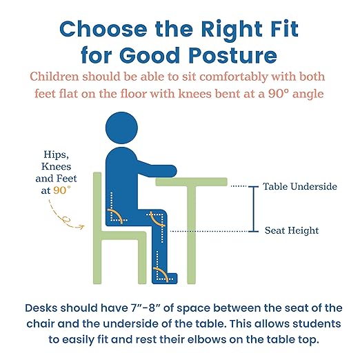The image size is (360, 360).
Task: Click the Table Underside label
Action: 300,187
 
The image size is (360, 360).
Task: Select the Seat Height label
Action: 292,231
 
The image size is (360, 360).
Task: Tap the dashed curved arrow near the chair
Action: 70,219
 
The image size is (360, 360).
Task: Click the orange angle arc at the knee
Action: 157,221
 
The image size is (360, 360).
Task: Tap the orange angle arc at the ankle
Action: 164,274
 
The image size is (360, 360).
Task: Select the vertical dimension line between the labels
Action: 254,209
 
